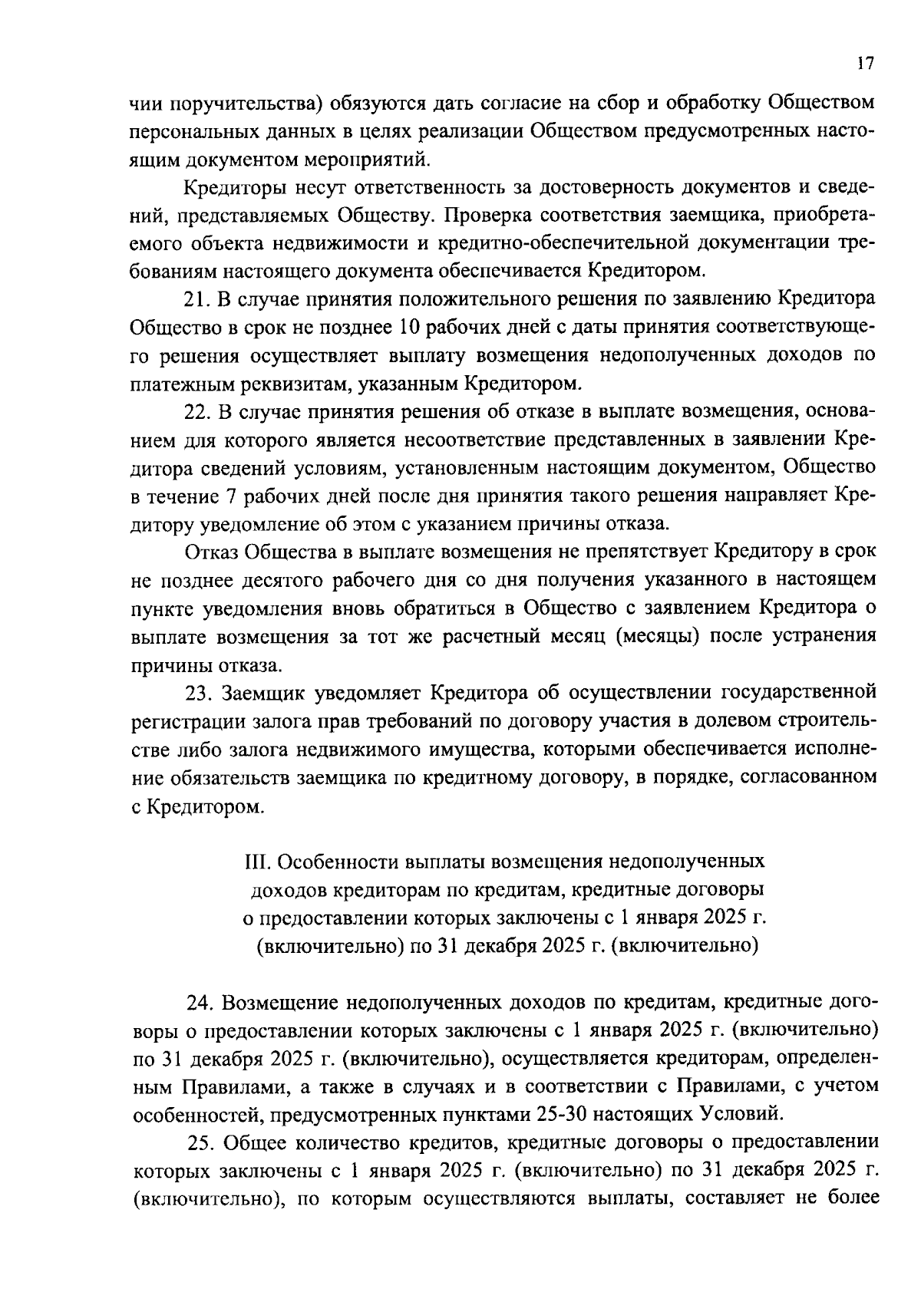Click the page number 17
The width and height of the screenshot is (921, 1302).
point(865,64)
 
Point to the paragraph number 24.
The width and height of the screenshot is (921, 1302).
point(200,1003)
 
